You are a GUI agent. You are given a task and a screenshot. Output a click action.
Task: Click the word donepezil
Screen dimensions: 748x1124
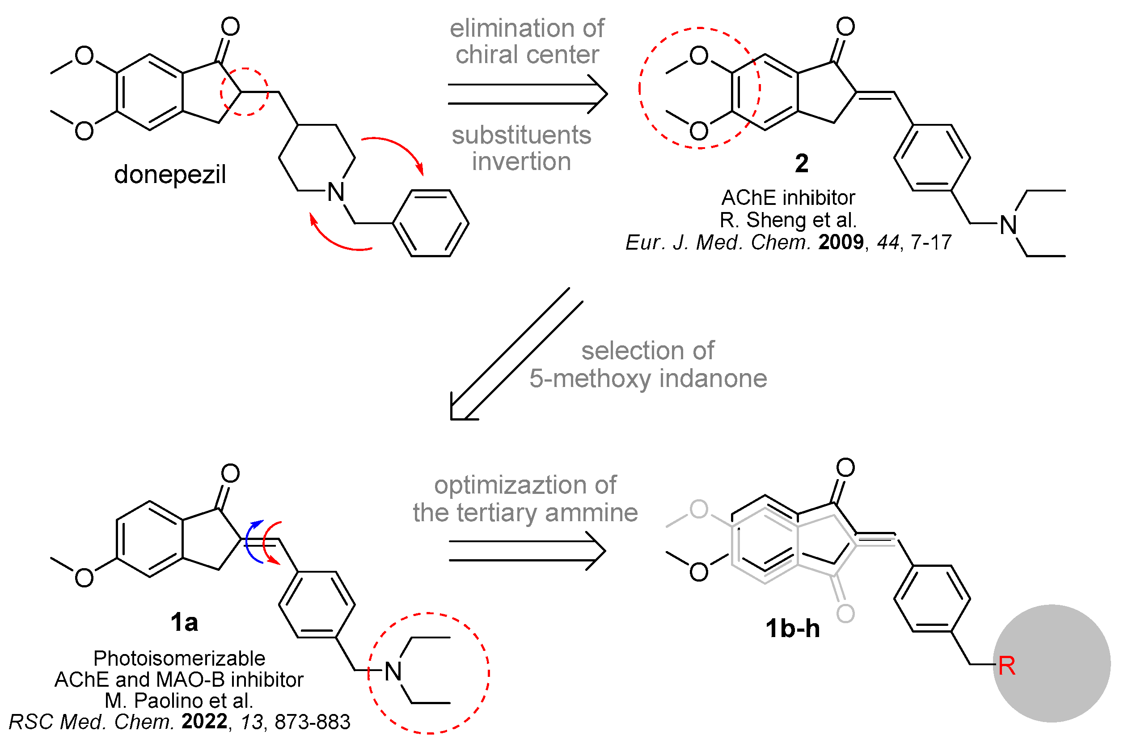[x=170, y=174]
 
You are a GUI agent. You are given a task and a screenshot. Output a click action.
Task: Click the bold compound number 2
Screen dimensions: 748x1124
[x=801, y=164]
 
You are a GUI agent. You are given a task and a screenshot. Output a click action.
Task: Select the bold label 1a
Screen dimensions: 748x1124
[x=184, y=623]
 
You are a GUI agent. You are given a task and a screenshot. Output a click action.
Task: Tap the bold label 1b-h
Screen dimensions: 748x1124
[x=792, y=629]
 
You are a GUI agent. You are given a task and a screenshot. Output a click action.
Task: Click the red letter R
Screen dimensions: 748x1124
[x=1006, y=666]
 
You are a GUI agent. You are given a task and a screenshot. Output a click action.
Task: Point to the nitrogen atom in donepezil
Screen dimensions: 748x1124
[x=336, y=192]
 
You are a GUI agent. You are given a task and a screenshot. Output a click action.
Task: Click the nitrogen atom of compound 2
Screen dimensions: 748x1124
[x=1008, y=225]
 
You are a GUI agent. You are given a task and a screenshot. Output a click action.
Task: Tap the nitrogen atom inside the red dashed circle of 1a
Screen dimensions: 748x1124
[x=393, y=671]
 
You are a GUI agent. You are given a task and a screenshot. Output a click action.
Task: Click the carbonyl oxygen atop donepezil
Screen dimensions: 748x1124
[x=230, y=27]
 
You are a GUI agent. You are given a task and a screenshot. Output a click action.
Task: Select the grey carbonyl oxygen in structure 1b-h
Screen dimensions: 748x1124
[x=845, y=613]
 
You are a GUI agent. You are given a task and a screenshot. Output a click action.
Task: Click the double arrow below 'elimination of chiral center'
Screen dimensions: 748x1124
[x=527, y=94]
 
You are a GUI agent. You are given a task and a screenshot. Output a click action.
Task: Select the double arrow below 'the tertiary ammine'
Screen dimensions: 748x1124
[x=527, y=551]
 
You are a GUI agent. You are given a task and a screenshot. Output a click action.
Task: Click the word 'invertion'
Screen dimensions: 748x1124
[x=521, y=161]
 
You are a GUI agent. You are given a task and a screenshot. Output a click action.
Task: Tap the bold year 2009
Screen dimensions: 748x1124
[x=841, y=242]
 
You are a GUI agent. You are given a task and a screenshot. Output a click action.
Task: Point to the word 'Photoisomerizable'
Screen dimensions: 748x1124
[x=179, y=659]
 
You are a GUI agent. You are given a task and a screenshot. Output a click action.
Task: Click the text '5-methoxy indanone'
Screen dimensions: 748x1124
[x=648, y=379]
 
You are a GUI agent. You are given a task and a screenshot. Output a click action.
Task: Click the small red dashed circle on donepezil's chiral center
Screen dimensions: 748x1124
[x=244, y=92]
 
